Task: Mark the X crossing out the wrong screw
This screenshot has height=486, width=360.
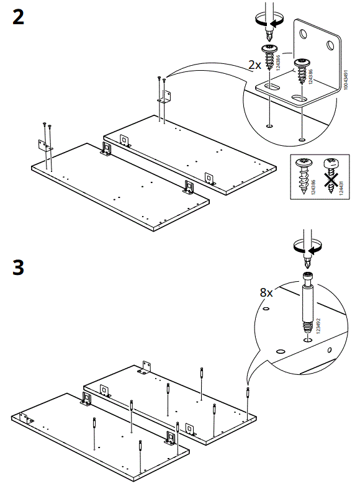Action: [x=330, y=180]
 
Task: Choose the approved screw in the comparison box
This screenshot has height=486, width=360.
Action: [x=305, y=177]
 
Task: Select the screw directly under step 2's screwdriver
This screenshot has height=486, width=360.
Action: [x=271, y=57]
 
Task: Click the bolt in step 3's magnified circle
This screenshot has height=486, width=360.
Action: [x=307, y=308]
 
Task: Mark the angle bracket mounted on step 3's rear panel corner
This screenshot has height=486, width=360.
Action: [x=146, y=367]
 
